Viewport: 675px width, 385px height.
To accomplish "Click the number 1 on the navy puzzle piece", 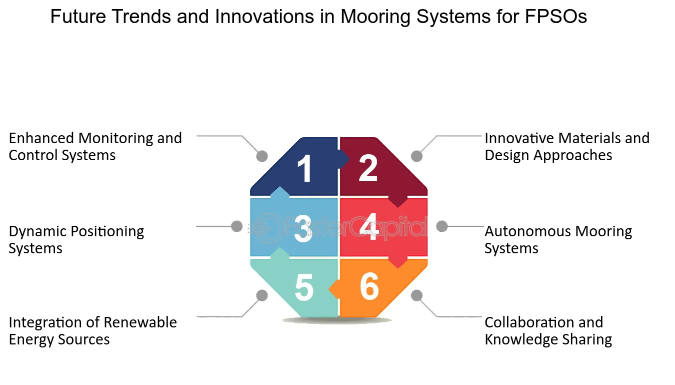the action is (x=305, y=168).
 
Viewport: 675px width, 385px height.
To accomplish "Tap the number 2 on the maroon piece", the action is (x=368, y=168).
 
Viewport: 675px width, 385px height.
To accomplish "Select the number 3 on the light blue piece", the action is (x=303, y=229).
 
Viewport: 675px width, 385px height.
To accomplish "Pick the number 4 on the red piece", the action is (x=369, y=227).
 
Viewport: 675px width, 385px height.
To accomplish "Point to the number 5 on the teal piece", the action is (x=304, y=287).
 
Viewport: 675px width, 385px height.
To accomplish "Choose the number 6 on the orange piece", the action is (x=369, y=286).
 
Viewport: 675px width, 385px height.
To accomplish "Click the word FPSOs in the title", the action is (x=555, y=17).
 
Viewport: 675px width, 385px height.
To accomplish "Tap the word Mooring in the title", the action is (x=375, y=17).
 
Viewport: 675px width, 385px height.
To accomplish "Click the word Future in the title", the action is (x=78, y=17).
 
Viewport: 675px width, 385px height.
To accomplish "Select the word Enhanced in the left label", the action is (x=41, y=138).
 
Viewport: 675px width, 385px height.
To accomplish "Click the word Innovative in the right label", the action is (x=519, y=138).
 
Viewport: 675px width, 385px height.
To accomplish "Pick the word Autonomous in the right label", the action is (x=527, y=232).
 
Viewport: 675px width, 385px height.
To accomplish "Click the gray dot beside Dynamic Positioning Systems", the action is (x=237, y=226).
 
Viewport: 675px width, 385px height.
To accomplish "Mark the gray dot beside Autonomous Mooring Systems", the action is (x=442, y=226).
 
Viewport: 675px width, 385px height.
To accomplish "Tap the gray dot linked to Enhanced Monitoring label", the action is (x=262, y=156).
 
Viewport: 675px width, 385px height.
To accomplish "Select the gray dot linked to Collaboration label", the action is (x=416, y=295).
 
